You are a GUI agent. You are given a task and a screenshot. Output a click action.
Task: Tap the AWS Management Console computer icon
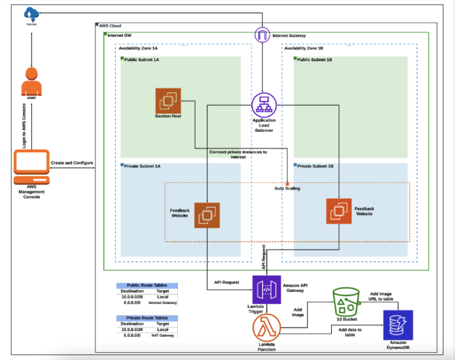coord(31,169)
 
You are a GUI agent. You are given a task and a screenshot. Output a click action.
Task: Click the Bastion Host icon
coord(168,100)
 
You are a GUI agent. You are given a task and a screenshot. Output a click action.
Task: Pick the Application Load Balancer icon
coord(263,104)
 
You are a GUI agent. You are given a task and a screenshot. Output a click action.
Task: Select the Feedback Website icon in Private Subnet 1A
coord(207,214)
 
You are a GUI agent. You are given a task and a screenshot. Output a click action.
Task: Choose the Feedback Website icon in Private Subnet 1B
coord(338,211)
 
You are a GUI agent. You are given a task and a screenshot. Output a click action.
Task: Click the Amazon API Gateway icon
coord(265,290)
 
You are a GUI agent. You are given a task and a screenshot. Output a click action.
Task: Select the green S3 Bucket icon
coord(347,302)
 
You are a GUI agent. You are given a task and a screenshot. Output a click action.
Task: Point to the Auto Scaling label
coord(287,188)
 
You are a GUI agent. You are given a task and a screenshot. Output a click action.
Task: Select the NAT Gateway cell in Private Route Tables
coord(162,335)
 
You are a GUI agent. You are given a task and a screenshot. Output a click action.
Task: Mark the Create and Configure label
coord(72,162)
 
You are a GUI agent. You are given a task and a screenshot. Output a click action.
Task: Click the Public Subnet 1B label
coord(314,60)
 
